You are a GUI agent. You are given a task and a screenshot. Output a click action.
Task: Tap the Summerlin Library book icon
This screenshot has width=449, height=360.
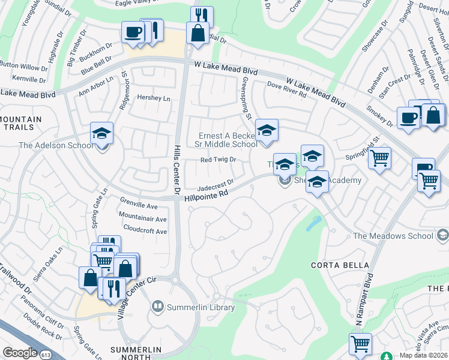point(158,307)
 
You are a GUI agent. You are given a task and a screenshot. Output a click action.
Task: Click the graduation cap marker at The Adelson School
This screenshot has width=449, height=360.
point(101,134)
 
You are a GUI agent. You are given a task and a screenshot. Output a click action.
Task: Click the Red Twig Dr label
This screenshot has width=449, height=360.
point(218,160)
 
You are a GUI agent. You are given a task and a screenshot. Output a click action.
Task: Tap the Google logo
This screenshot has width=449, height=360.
point(20,352)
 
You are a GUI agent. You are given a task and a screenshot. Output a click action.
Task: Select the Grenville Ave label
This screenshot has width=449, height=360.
point(139,206)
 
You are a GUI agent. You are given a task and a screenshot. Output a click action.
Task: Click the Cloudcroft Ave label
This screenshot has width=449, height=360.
point(145,229)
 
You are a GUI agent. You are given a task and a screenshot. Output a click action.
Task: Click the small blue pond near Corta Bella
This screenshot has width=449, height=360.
point(313,223)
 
